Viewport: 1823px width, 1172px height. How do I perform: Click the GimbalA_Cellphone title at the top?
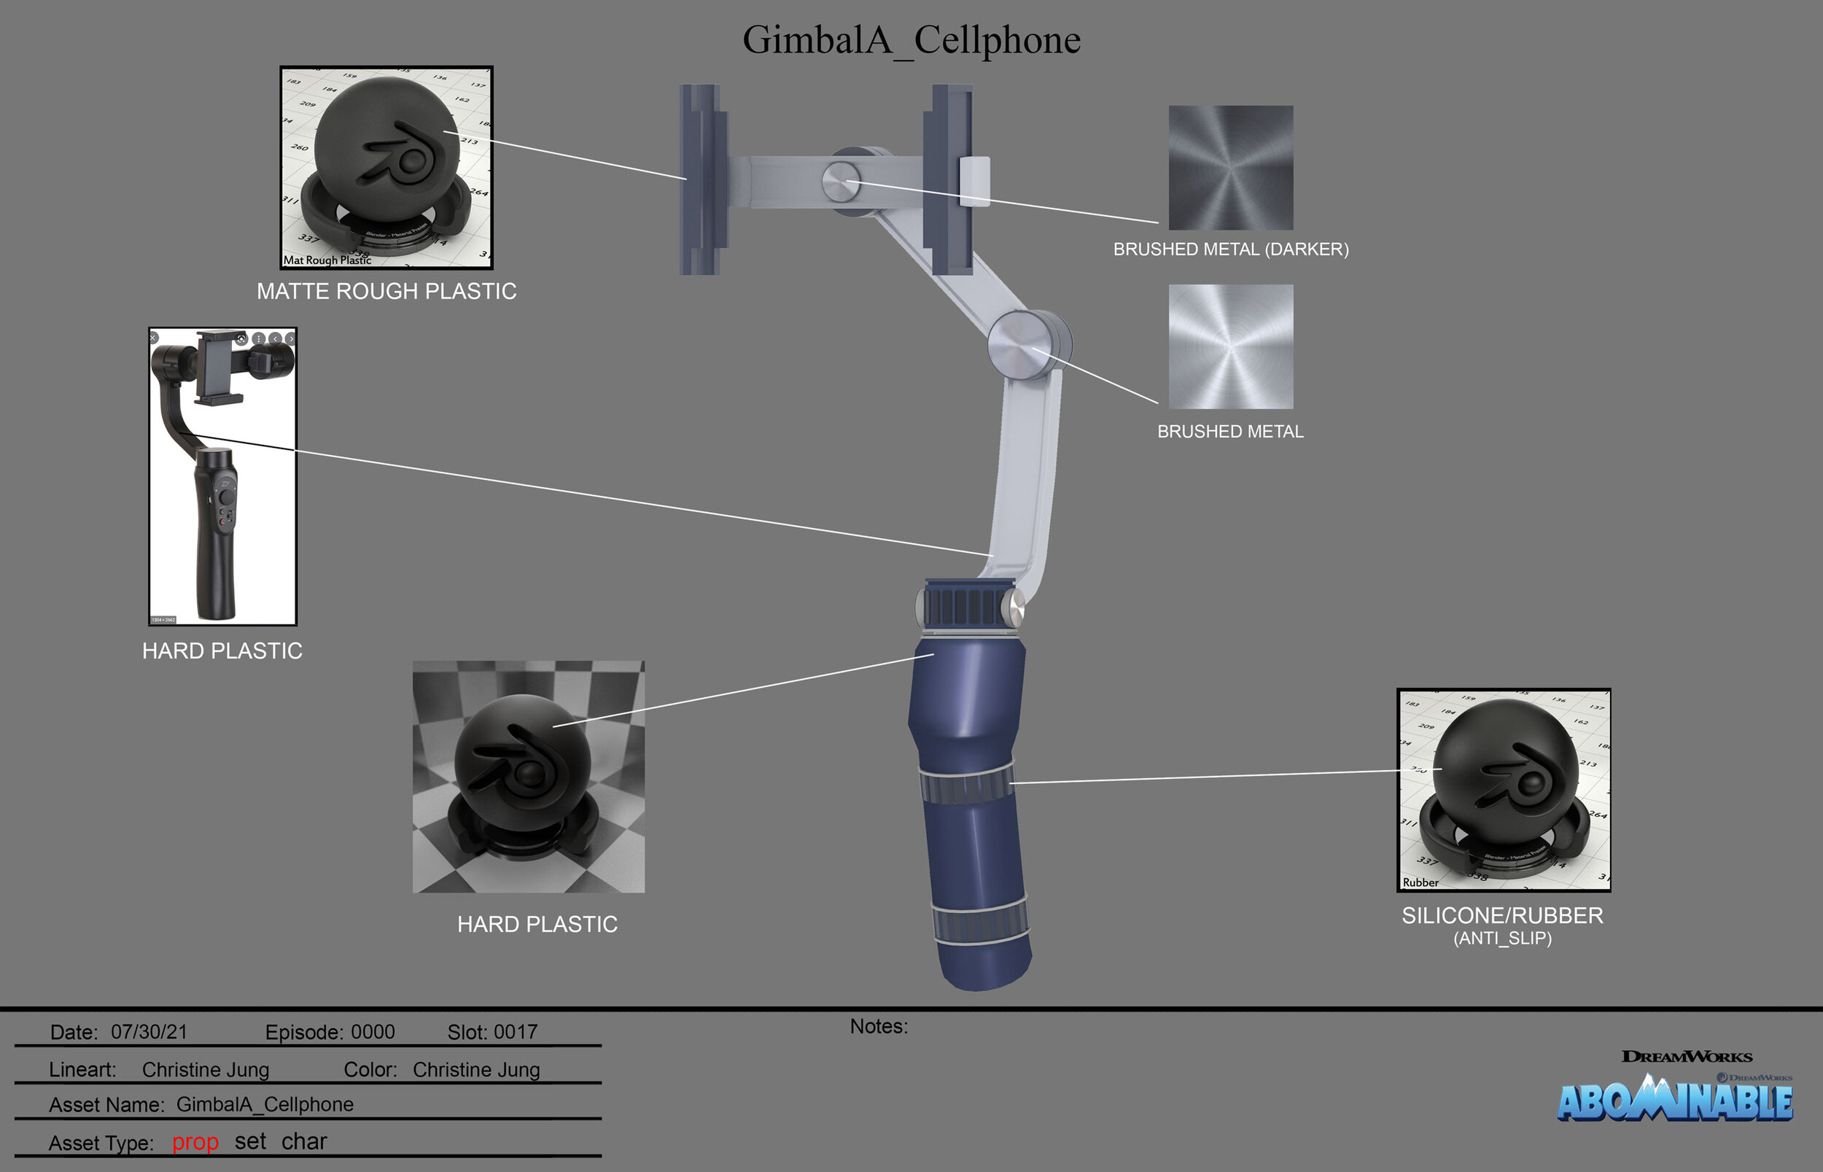(x=911, y=39)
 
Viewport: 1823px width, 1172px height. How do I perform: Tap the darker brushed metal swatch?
(x=1230, y=168)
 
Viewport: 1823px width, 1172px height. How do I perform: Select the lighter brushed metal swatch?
(x=1230, y=346)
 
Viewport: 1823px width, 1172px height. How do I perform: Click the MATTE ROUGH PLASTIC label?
(x=386, y=291)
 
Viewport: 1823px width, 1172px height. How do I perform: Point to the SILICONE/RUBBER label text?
(x=1502, y=915)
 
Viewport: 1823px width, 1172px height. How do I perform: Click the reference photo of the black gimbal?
(x=222, y=476)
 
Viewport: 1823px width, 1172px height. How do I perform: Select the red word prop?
(x=195, y=1141)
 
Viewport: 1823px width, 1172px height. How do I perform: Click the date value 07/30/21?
(x=149, y=1032)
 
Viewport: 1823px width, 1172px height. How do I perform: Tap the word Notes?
(x=879, y=1027)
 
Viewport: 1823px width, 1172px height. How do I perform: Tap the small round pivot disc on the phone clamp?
(x=841, y=182)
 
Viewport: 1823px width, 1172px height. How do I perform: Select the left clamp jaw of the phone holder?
(x=701, y=179)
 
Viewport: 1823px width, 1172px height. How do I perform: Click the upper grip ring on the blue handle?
(x=966, y=784)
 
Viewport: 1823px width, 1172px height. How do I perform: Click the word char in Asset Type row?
(x=303, y=1141)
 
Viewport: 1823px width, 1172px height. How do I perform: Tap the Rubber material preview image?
(x=1504, y=790)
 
